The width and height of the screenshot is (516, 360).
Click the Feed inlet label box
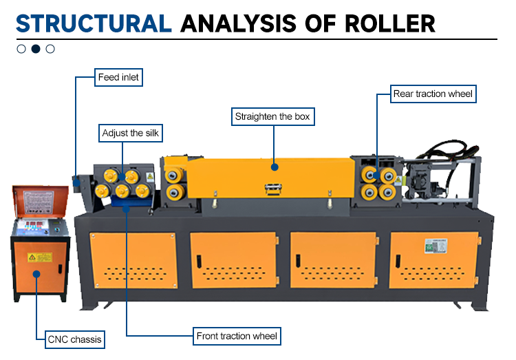tap(118, 77)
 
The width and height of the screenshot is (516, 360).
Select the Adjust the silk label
tap(131, 133)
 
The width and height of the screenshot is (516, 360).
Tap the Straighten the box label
tap(273, 116)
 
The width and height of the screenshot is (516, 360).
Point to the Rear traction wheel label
tap(433, 94)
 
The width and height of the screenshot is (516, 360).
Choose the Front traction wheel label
tap(237, 337)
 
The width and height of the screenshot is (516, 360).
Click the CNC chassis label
tap(75, 339)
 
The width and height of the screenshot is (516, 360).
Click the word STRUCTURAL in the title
tap(94, 23)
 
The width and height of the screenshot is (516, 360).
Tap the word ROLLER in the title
tap(390, 23)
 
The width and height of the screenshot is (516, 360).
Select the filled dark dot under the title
tap(36, 49)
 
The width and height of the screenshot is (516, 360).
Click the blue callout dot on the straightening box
tap(275, 167)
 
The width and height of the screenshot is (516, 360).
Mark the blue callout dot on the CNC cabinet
tap(36, 274)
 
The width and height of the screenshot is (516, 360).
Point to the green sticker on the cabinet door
tap(436, 246)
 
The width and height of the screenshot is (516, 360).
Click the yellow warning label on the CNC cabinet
tap(40, 257)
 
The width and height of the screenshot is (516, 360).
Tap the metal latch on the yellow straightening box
tap(273, 189)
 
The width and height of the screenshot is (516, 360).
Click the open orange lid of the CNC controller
tap(40, 201)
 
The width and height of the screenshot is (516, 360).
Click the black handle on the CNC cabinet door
tap(61, 269)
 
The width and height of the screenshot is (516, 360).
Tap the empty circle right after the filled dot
tap(50, 49)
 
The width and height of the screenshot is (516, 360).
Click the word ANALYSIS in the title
tap(238, 23)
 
